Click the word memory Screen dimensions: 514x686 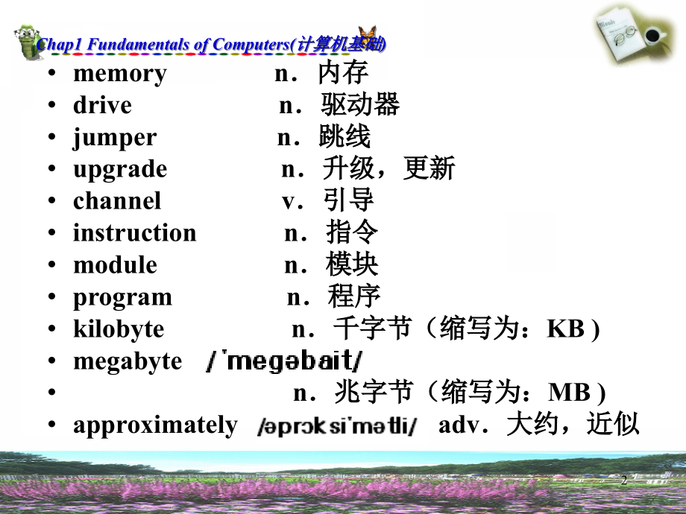coord(119,74)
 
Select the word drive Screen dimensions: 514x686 coord(102,106)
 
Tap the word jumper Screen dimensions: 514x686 coord(115,138)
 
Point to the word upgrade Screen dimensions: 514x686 coord(119,170)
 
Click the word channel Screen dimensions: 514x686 coord(116,201)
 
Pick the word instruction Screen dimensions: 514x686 coord(134,233)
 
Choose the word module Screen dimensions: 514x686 coord(115,265)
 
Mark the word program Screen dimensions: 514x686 coord(122,298)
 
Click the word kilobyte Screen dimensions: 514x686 coord(119,329)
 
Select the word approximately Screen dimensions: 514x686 coord(155,425)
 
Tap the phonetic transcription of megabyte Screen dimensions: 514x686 coord(283,362)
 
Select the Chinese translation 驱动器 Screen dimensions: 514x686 coord(361,105)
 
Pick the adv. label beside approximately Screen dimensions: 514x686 coord(465,425)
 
